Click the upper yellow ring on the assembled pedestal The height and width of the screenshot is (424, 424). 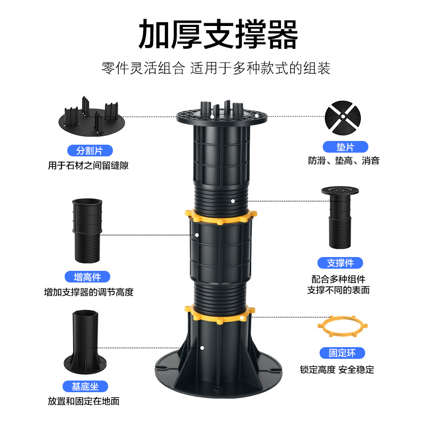[220, 217]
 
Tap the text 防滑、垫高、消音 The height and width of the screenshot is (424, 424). [344, 161]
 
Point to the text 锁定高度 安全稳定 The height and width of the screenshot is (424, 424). [337, 369]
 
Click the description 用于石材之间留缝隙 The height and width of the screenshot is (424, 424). [88, 165]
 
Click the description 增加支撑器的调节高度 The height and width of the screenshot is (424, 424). [89, 292]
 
